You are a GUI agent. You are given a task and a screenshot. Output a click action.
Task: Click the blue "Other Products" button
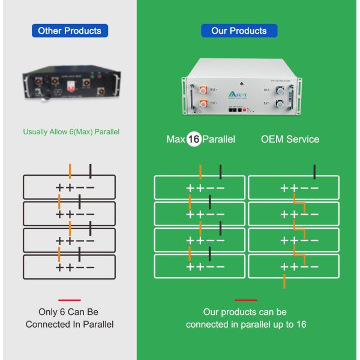[69, 31]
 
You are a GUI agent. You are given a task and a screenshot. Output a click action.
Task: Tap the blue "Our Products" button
[239, 31]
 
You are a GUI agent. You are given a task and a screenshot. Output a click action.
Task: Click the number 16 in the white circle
[193, 139]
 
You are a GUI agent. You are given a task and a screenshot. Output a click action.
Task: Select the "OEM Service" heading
[290, 139]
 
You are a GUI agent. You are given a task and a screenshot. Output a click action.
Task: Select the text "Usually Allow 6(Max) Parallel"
[69, 132]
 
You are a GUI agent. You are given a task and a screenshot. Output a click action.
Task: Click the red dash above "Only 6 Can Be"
[69, 300]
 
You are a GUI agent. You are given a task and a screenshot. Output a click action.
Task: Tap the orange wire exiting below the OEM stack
[284, 281]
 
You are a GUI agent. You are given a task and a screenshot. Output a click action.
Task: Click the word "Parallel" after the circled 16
[219, 139]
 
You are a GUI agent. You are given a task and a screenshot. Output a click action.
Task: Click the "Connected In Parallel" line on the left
[69, 325]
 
